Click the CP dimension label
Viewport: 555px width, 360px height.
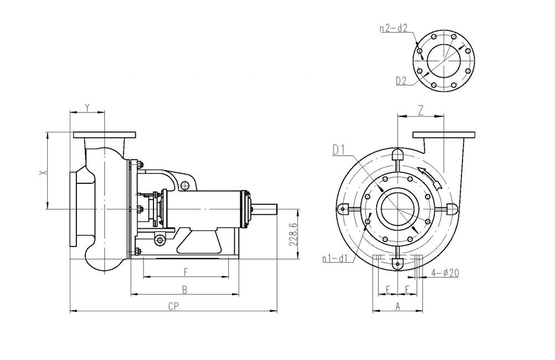[173, 307]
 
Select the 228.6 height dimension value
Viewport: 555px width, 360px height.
[292, 235]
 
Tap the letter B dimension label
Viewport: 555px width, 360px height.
[184, 290]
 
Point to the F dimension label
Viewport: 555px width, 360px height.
[186, 272]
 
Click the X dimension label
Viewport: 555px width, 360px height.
[43, 172]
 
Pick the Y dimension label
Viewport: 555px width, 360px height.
[88, 107]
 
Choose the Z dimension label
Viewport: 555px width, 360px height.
[420, 111]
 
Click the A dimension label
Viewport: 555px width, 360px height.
[398, 306]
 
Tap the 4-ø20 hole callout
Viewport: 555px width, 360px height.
[445, 272]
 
